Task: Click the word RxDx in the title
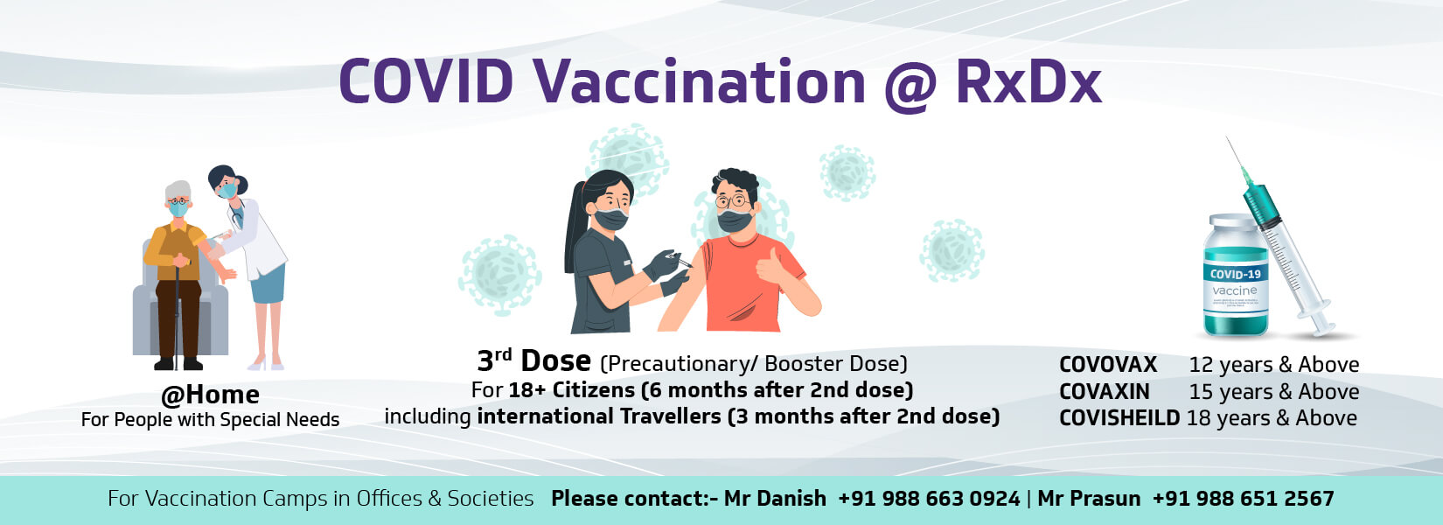(1028, 81)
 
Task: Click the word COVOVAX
(1108, 365)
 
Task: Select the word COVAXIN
(1105, 392)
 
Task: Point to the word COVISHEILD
(1119, 418)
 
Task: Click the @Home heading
(210, 395)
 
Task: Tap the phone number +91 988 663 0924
(929, 499)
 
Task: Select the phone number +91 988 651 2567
(1244, 499)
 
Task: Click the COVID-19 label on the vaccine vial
(1235, 275)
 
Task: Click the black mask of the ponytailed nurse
(610, 219)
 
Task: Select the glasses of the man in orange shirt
(733, 201)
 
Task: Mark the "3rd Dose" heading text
(534, 360)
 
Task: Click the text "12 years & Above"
(1274, 365)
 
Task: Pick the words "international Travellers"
(599, 416)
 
